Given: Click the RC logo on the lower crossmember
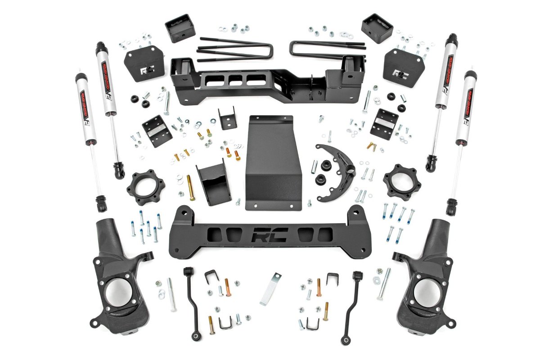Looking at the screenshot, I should pyautogui.click(x=270, y=235).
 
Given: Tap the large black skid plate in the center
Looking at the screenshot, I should pyautogui.click(x=273, y=162).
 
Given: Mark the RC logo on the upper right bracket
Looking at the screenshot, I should pyautogui.click(x=398, y=72).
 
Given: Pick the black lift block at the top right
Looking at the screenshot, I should pyautogui.click(x=377, y=28).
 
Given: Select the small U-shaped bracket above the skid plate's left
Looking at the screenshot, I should pyautogui.click(x=226, y=119).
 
